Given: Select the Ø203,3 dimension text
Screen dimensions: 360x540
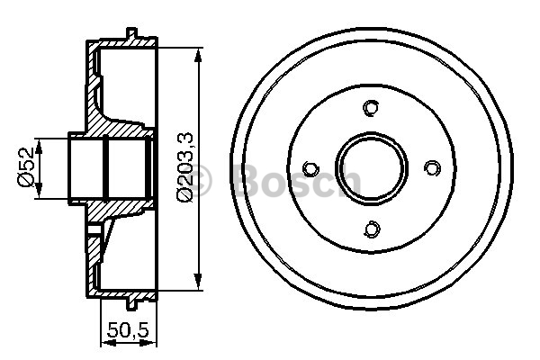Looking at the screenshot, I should coord(184,167).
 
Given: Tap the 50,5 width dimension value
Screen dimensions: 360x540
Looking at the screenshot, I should coord(126,328).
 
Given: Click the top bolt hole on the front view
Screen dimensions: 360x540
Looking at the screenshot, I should coord(370,109).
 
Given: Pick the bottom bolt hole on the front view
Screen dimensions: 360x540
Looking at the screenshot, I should coord(370,228).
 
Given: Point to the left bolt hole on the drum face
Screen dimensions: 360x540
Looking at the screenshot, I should coord(310,168).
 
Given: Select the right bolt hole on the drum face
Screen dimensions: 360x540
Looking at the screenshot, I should coord(430,168).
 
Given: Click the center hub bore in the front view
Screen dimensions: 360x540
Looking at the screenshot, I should coord(370,168).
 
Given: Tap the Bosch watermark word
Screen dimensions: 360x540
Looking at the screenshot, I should coord(297,182).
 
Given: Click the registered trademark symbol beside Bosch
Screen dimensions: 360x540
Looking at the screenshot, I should coord(202,183).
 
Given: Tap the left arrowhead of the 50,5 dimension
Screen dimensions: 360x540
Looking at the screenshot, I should coord(101,340).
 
